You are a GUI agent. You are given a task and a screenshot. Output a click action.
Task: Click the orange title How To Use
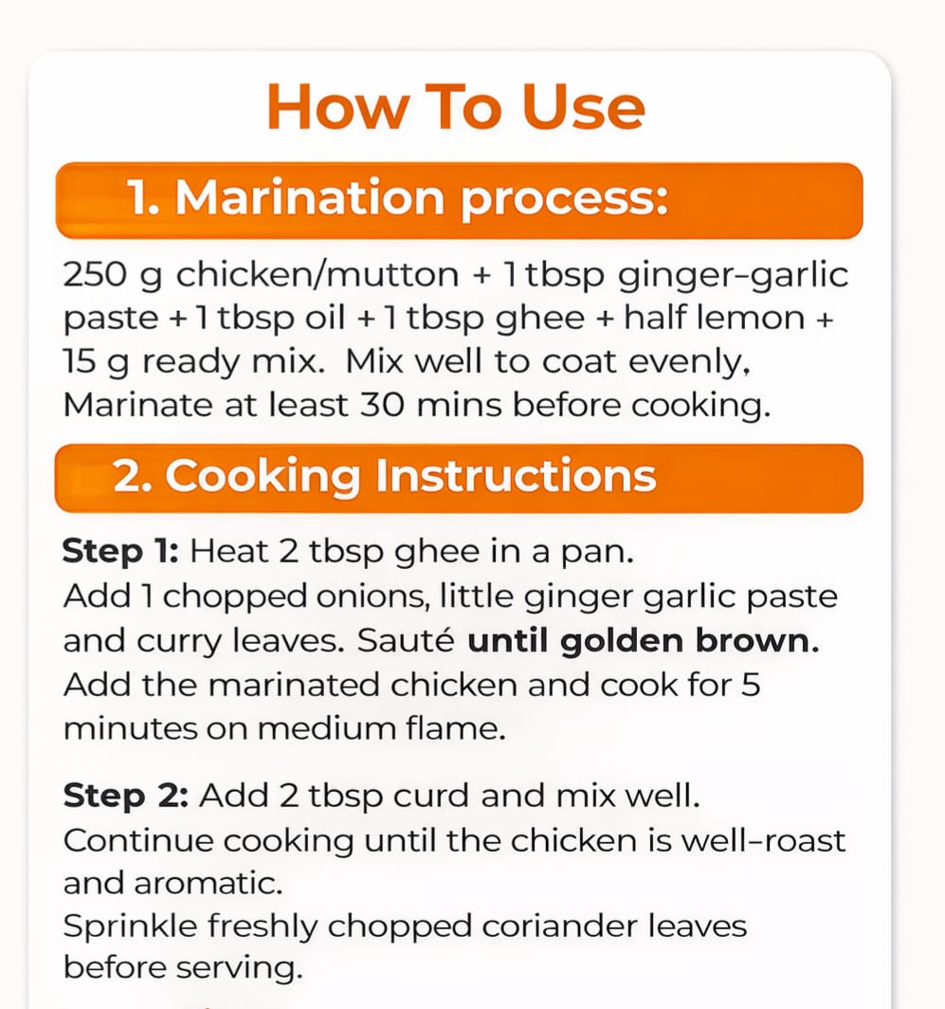click(456, 107)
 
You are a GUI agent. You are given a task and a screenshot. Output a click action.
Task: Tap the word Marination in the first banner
click(309, 197)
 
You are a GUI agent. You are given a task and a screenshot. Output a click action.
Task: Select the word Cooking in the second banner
click(262, 476)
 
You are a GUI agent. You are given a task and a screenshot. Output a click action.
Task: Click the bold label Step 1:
click(120, 552)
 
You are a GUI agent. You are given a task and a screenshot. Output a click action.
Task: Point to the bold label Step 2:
click(125, 796)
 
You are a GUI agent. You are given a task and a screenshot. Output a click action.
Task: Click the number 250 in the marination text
click(95, 275)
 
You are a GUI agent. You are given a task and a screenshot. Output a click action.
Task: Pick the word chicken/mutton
click(318, 275)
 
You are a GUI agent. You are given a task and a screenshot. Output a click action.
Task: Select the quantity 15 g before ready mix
click(96, 362)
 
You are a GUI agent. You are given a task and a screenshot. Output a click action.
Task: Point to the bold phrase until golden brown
click(643, 641)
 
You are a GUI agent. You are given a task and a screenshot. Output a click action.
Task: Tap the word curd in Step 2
click(431, 796)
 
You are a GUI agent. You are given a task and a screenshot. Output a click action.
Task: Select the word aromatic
click(208, 884)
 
